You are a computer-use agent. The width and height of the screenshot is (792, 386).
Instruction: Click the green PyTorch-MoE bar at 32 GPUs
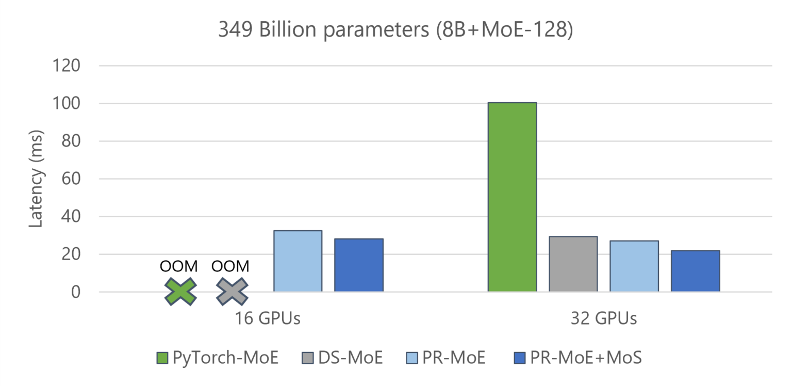click(512, 197)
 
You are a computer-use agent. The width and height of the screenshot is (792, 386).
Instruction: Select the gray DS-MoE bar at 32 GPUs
click(573, 264)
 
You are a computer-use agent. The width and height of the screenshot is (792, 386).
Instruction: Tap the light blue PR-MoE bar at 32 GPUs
click(634, 266)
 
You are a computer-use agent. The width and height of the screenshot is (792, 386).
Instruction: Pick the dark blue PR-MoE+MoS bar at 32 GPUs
click(695, 271)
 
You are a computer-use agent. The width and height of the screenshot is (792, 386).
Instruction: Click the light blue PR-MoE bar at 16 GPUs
click(298, 261)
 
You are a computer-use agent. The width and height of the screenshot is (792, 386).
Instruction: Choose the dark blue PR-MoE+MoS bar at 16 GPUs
click(358, 265)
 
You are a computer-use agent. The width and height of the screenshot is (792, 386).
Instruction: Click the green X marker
click(180, 292)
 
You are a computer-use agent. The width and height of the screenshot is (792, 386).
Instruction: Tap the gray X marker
click(232, 292)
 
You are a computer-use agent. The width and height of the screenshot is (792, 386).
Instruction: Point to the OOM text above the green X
click(178, 266)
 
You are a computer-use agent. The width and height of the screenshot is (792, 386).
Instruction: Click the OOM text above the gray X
click(230, 266)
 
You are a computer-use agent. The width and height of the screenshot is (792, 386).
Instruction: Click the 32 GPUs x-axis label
click(603, 318)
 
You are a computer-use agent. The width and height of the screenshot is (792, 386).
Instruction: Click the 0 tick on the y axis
click(76, 292)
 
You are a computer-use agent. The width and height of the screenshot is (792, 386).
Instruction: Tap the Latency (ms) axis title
click(35, 179)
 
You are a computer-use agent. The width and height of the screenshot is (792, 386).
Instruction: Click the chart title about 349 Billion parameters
click(395, 30)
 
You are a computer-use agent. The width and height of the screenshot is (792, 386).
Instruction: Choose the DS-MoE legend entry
click(341, 358)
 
